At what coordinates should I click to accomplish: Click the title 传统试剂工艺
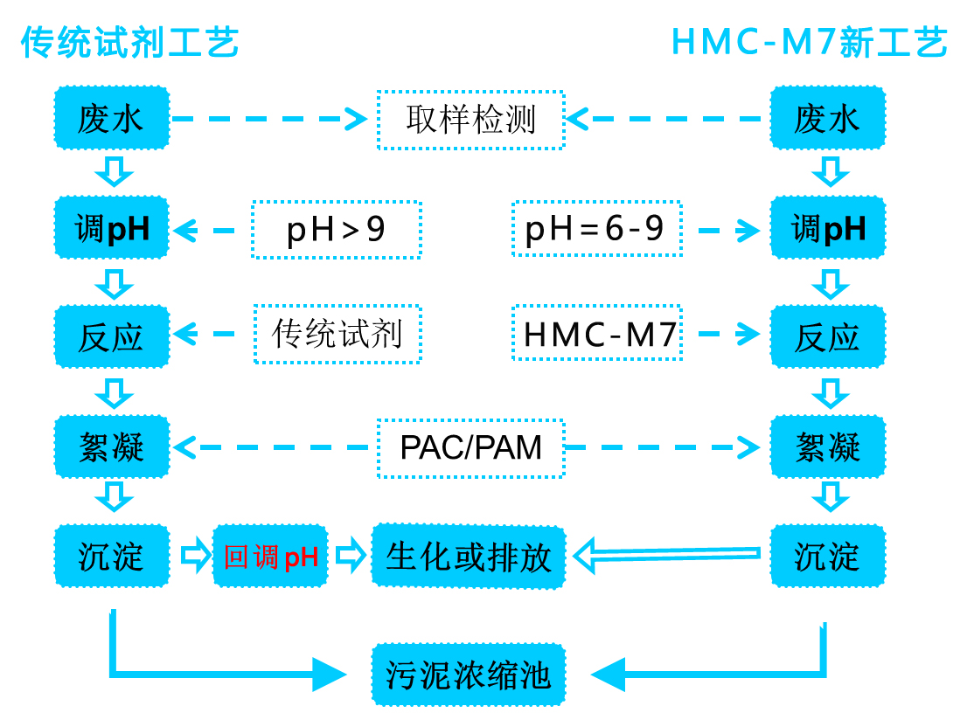(129, 42)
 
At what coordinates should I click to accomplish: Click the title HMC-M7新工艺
(810, 42)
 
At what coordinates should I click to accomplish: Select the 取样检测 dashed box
(470, 120)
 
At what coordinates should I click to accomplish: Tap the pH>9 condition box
(337, 230)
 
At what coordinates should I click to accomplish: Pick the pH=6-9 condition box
(596, 229)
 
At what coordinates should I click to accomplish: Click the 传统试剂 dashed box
(337, 334)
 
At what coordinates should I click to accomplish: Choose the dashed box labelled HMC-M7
(596, 334)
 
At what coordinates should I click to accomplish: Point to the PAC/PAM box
(470, 447)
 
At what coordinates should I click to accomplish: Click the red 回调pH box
(271, 556)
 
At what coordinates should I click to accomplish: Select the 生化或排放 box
(469, 556)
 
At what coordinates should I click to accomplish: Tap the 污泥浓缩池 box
(469, 675)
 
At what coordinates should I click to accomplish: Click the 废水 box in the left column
(111, 118)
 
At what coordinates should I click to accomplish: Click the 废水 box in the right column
(827, 118)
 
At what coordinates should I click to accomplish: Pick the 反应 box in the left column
(111, 336)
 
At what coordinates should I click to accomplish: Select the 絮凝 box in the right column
(827, 447)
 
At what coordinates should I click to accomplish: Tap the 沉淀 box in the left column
(111, 556)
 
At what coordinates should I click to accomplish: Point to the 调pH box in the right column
(827, 228)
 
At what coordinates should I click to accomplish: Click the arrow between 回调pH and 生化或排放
(350, 555)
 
